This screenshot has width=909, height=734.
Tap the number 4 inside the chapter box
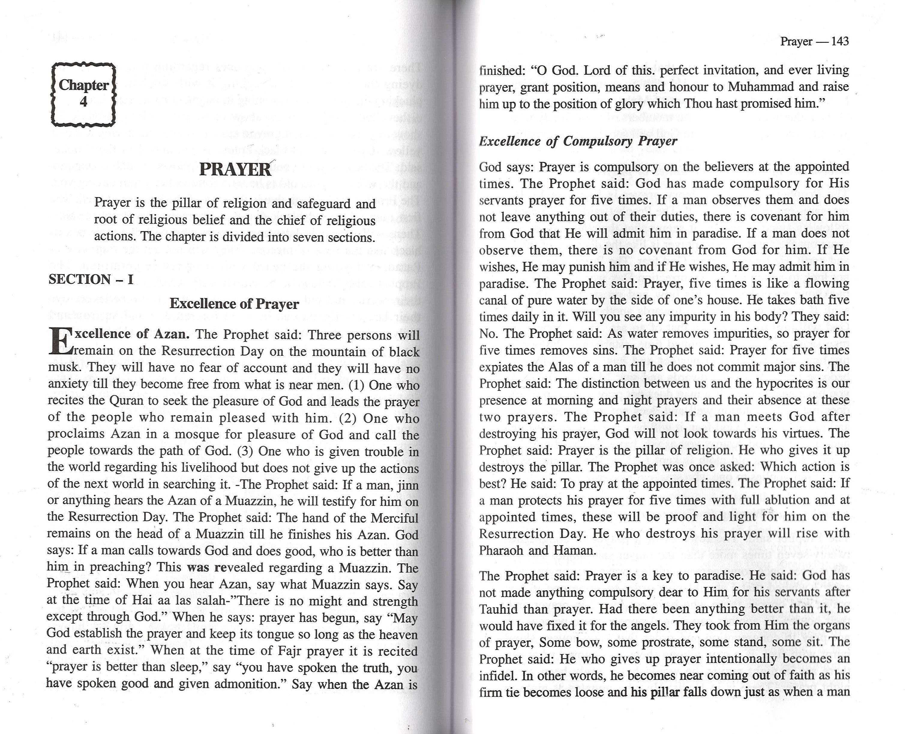84,101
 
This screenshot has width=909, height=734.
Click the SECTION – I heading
91,280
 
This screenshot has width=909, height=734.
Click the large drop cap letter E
59,342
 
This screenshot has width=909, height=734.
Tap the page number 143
840,41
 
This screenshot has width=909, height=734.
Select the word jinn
408,485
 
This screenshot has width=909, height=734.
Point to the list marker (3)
245,451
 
